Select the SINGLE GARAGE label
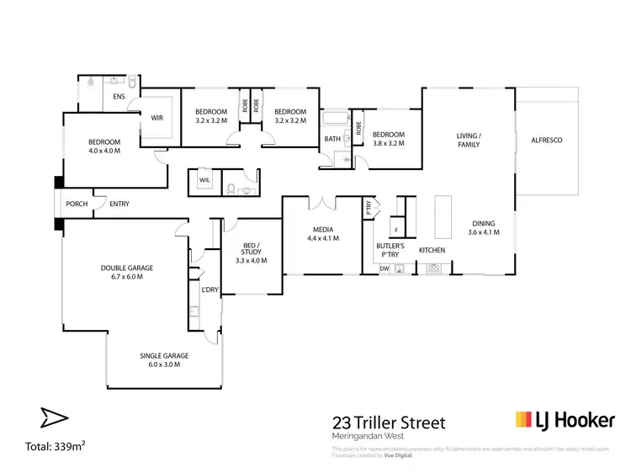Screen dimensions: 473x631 click(x=163, y=356)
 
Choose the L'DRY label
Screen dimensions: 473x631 click(x=209, y=290)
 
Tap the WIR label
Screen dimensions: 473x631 click(x=156, y=119)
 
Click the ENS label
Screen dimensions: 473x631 click(x=119, y=98)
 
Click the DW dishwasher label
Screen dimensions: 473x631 click(x=384, y=268)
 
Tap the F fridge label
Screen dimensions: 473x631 click(x=395, y=230)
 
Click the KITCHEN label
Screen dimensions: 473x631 click(x=432, y=251)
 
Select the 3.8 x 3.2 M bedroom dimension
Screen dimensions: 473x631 click(x=389, y=143)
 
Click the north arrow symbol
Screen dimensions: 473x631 click(x=52, y=417)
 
